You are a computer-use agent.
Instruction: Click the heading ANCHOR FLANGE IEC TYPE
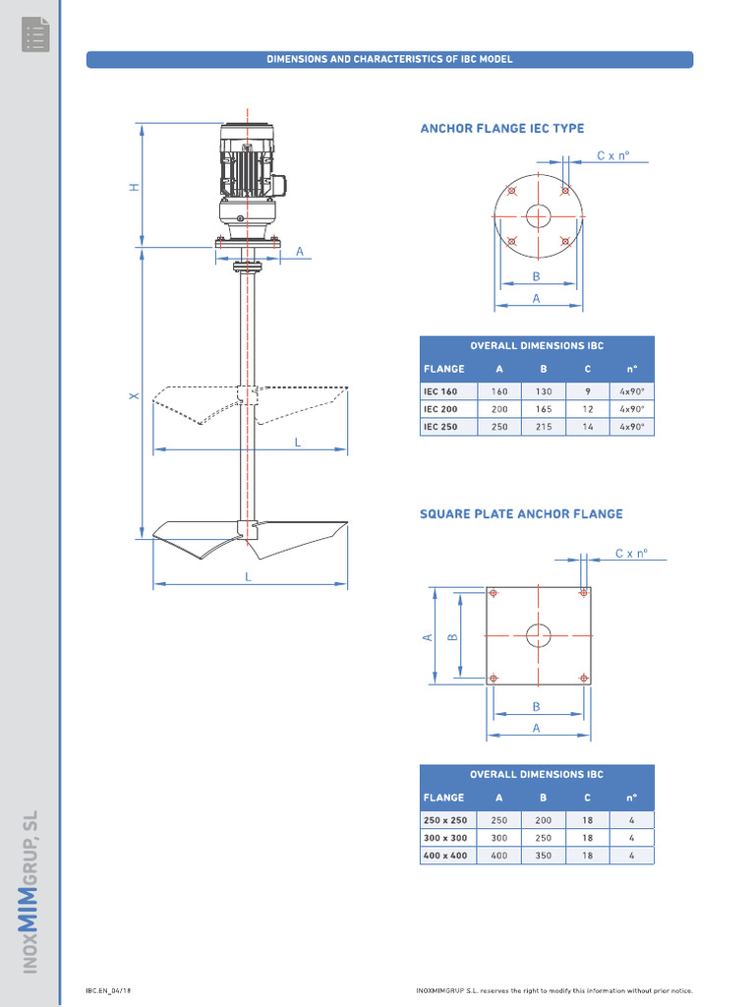501,128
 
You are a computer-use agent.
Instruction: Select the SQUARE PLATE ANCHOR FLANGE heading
521,513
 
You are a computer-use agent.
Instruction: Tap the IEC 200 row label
440,409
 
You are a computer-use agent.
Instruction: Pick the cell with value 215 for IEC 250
544,427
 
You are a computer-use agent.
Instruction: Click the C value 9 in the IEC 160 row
587,391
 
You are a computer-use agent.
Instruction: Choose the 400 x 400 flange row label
445,856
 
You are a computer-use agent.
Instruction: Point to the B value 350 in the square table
543,856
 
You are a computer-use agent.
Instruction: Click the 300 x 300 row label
445,838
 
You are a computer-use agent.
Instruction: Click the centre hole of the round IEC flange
538,216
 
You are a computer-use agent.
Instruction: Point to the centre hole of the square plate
538,635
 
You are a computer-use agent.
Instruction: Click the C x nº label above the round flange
612,155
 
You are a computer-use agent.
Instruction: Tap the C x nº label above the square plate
631,554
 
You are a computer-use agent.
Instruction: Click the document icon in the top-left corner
35,35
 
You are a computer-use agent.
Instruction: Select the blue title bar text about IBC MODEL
389,59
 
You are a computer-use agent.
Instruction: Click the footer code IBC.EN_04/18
109,990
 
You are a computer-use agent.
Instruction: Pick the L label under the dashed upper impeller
297,443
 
